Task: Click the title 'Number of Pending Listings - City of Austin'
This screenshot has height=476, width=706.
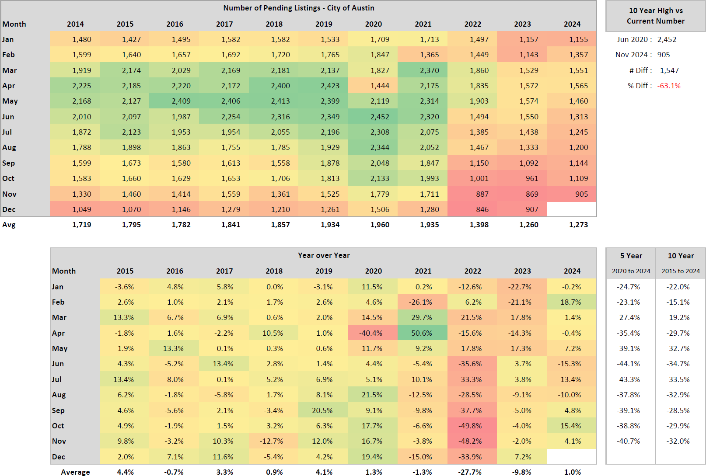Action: [x=299, y=8]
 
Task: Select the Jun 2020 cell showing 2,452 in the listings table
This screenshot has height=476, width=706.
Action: [x=379, y=117]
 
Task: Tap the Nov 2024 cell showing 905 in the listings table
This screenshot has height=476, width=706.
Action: [x=581, y=194]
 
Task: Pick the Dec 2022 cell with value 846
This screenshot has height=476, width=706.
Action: [x=482, y=209]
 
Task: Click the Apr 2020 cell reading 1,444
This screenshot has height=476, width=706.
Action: [x=379, y=86]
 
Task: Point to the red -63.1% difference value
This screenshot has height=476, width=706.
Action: [x=669, y=86]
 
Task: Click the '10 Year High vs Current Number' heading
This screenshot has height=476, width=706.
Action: [x=655, y=16]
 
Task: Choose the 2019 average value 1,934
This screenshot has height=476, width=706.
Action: [x=330, y=225]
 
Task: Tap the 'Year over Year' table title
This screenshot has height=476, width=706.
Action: [x=324, y=255]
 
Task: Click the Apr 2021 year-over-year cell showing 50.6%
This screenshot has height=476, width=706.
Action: [x=422, y=333]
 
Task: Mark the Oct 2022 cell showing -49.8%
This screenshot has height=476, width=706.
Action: [x=470, y=426]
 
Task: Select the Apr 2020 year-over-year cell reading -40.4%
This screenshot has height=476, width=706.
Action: [x=371, y=333]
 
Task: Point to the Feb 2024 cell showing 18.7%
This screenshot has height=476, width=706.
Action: [x=571, y=302]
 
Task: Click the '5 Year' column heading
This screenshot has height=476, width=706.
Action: [x=631, y=256]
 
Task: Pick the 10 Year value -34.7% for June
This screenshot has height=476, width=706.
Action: [x=678, y=364]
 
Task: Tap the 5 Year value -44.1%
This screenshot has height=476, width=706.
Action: [x=629, y=364]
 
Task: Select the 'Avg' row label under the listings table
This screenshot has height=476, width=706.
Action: [x=9, y=225]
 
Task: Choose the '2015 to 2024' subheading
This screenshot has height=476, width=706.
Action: [x=681, y=271]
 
